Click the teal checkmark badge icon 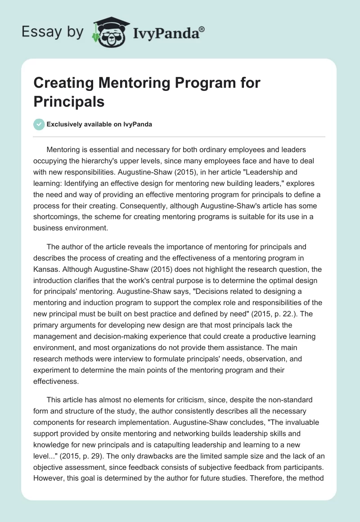point(39,125)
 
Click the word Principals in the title point(69,101)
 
